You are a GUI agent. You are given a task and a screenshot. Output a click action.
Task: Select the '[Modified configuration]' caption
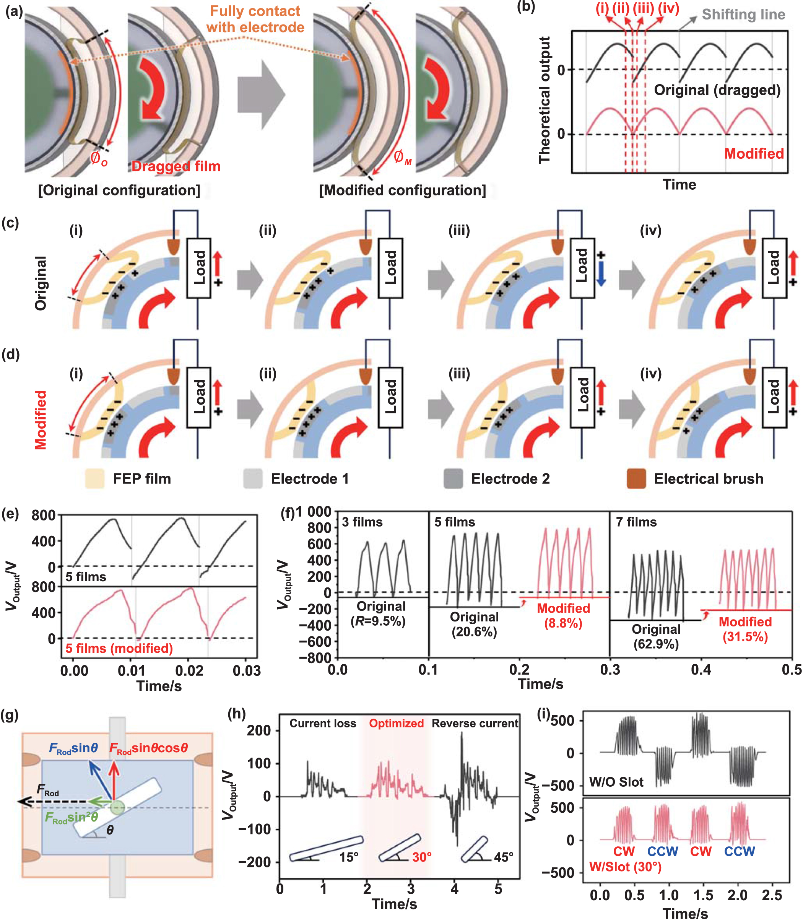click(x=402, y=190)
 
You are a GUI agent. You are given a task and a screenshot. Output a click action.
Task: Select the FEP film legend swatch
click(x=94, y=478)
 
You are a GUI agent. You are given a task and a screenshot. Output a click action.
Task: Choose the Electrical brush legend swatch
click(x=636, y=478)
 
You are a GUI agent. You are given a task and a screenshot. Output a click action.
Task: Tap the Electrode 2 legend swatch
click(x=453, y=478)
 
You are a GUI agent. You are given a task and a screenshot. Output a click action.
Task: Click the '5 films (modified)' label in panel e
click(x=119, y=648)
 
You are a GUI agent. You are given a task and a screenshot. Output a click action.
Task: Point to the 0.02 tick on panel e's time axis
click(x=189, y=670)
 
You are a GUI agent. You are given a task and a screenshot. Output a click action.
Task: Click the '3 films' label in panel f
click(x=362, y=522)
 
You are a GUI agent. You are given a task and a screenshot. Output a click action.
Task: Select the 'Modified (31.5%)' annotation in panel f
click(x=745, y=629)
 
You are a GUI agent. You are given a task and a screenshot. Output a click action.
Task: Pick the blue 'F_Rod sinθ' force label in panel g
click(x=73, y=748)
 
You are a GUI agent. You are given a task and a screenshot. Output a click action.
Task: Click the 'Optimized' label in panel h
click(x=396, y=723)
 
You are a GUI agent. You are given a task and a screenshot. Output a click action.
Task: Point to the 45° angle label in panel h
click(x=503, y=857)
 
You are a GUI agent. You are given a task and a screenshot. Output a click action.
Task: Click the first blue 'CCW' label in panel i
click(x=662, y=851)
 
